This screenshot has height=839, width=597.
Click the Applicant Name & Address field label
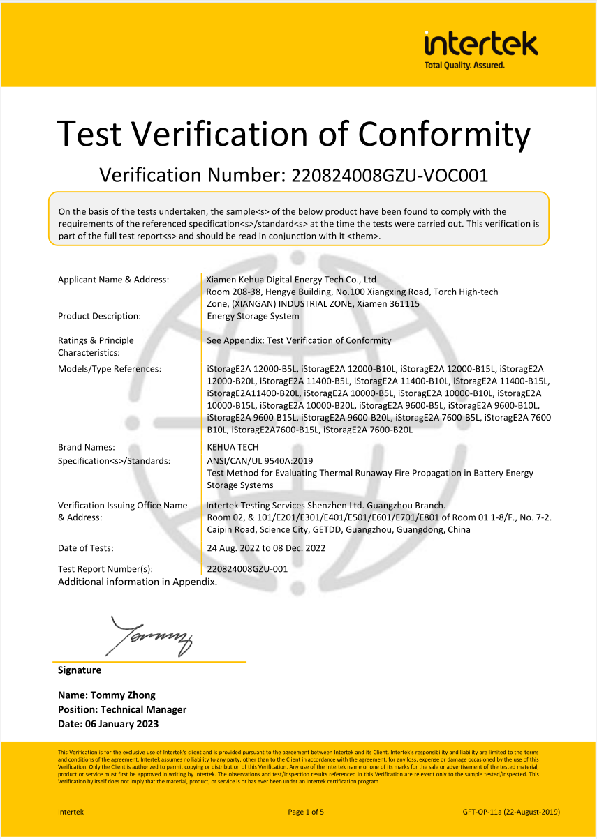[x=113, y=280]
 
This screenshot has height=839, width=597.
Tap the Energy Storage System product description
[x=253, y=316]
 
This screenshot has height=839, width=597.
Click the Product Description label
[x=99, y=316]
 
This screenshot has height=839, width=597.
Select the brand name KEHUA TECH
[x=233, y=447]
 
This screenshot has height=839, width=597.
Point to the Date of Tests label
[x=86, y=548]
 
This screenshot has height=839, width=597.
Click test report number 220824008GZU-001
[x=247, y=569]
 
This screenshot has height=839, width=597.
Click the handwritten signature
[x=149, y=635]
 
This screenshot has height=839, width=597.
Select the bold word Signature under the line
[x=80, y=670]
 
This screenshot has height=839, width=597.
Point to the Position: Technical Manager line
[x=122, y=709]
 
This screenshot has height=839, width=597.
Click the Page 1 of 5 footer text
[x=306, y=812]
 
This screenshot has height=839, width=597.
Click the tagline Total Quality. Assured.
[x=464, y=65]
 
